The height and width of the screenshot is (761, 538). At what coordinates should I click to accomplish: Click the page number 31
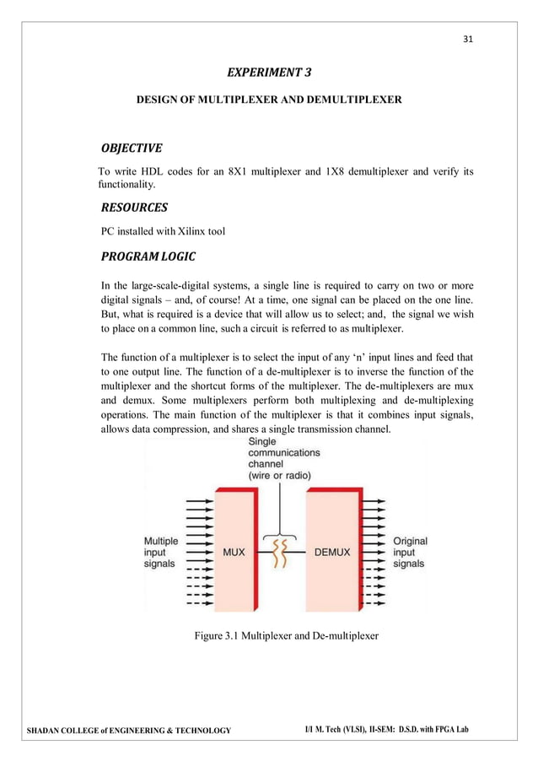coord(468,39)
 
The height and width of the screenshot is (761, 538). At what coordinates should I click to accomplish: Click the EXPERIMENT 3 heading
coord(269,73)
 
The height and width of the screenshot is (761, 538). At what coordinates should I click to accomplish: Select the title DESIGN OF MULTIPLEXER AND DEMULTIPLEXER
coord(269,100)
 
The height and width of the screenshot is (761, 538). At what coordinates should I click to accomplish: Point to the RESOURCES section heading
coord(134,207)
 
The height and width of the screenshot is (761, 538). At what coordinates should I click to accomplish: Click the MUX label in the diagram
coord(234,553)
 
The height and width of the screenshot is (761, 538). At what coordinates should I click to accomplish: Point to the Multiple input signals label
coord(160,552)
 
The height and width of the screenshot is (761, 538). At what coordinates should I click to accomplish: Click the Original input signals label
coord(411,552)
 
